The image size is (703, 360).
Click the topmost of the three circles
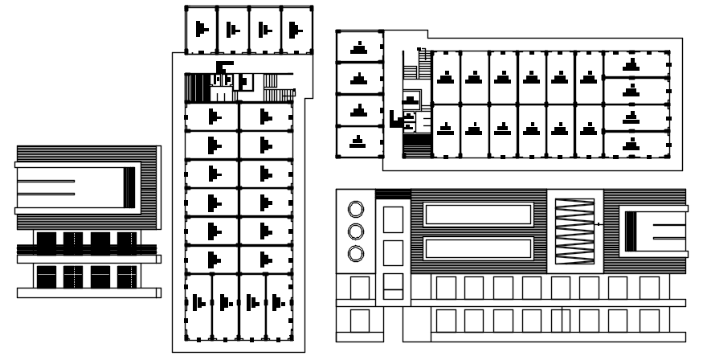pos(355,210)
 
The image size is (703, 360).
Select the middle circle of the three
pos(355,232)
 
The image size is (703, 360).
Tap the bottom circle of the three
pos(355,254)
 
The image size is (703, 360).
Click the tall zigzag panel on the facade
pos(574,231)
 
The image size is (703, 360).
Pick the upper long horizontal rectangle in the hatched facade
pos(478,215)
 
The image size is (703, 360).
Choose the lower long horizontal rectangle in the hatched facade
pos(478,248)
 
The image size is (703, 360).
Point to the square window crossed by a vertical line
pos(560,320)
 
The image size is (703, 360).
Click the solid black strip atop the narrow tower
pos(393,194)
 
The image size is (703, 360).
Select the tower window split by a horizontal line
pos(393,283)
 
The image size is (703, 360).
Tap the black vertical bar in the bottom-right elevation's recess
pos(631,231)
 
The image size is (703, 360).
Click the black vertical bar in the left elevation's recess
pos(129,186)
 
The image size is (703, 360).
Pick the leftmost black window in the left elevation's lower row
pos(46,276)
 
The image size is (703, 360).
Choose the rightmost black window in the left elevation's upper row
pos(127,241)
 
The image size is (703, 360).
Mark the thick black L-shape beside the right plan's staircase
pos(394,120)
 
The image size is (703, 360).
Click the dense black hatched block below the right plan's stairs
pos(417,145)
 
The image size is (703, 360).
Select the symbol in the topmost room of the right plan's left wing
pos(359,47)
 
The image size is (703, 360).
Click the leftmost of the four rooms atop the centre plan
pos(201,30)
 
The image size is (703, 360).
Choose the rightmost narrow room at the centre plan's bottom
pos(278,303)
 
